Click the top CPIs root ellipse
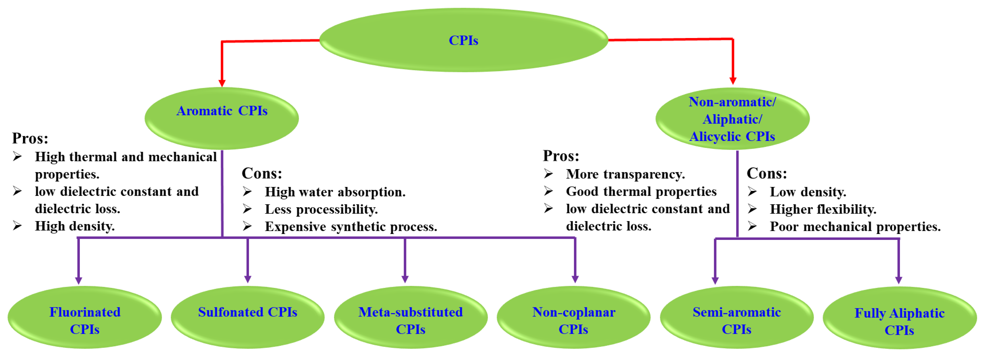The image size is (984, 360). coord(463,40)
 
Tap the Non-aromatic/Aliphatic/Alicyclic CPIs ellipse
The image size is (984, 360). coord(732,119)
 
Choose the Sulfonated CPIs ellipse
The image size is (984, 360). coord(248,317)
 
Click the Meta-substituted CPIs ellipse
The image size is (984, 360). coord(411,317)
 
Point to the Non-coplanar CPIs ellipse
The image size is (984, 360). coord(573,317)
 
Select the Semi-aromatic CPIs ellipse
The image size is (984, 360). coord(736,317)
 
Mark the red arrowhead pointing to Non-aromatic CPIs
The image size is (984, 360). coord(733,81)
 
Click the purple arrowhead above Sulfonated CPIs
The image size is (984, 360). coord(248,279)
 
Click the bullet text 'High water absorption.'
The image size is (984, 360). coord(335,192)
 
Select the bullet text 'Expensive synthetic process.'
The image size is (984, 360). coord(351,227)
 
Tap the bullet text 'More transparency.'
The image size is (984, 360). coord(625,174)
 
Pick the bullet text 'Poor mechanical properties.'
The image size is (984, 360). coord(855,227)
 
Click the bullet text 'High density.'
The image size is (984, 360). coord(75,226)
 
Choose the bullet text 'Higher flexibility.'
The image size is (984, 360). coord(823,209)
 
